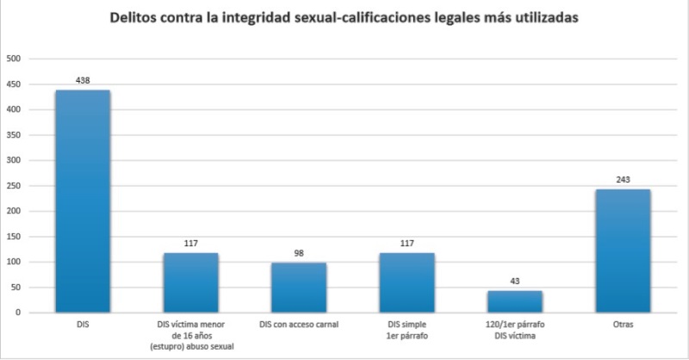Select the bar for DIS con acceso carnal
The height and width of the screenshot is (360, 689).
[299, 288]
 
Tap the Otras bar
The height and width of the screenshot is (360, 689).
[623, 251]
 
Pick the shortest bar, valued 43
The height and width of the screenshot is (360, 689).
[515, 301]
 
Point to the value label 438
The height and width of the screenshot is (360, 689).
[83, 81]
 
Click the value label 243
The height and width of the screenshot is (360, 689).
[623, 180]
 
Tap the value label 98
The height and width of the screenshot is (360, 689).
[299, 254]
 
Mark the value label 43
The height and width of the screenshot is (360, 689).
[515, 282]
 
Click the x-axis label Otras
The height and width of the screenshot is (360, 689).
[623, 324]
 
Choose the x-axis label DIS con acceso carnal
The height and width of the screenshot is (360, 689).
[299, 324]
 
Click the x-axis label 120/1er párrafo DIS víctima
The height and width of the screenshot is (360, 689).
[515, 329]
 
